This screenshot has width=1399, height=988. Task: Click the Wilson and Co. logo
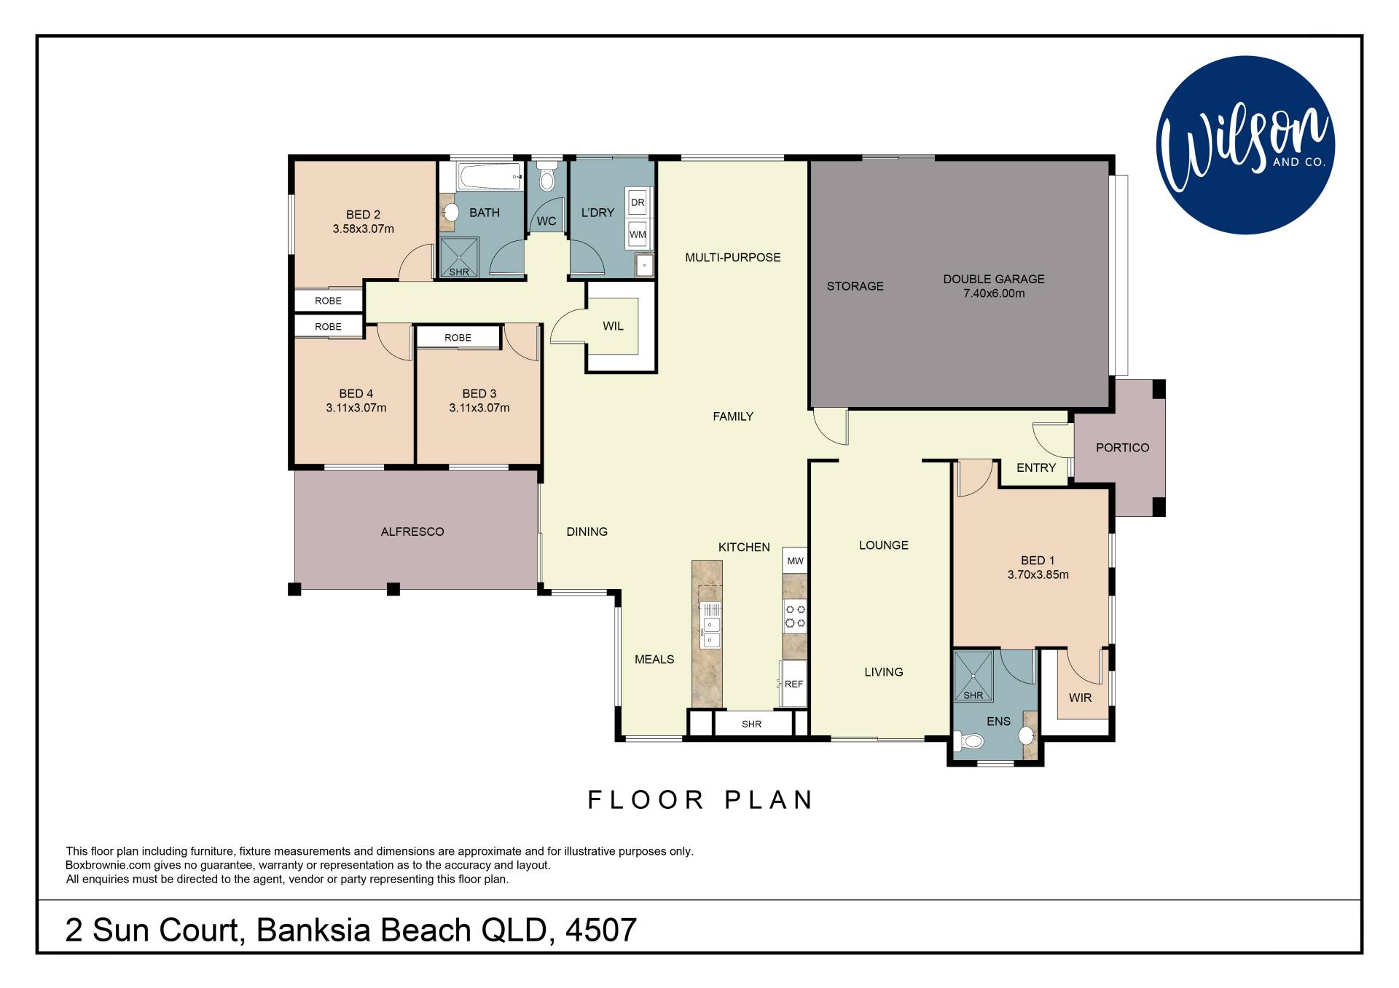click(x=1245, y=145)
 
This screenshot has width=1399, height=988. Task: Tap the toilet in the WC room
click(x=547, y=175)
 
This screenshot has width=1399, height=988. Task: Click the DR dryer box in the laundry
click(x=638, y=202)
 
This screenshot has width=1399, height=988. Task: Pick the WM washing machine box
click(x=638, y=234)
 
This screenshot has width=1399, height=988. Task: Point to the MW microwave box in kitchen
click(x=795, y=561)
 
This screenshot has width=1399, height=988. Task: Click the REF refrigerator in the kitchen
click(x=793, y=684)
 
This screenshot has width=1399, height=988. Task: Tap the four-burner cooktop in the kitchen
click(x=795, y=616)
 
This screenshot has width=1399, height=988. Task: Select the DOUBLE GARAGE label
click(x=994, y=279)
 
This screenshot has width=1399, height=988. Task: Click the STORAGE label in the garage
click(x=855, y=286)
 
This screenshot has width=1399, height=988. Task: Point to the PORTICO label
click(x=1122, y=448)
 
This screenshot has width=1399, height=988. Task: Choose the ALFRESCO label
click(x=412, y=532)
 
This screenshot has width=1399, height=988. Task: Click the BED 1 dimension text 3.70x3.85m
click(x=1038, y=574)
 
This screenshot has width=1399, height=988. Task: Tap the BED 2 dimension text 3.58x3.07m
click(x=363, y=229)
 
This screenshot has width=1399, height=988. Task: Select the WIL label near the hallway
click(x=613, y=326)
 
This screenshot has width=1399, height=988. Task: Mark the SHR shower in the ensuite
click(x=973, y=676)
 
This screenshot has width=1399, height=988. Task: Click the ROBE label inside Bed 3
click(x=458, y=338)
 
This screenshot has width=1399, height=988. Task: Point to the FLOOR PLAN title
click(x=700, y=800)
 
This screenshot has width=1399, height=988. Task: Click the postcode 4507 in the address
click(x=601, y=930)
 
